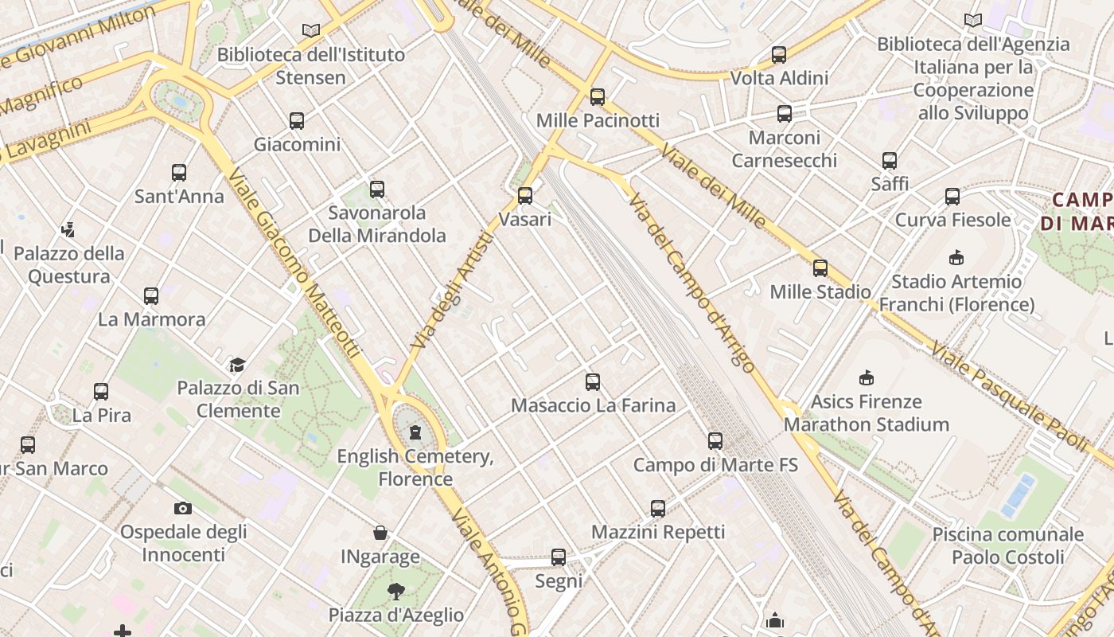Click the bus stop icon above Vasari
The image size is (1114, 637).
point(525,195)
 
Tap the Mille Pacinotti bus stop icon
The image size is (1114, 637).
point(598,97)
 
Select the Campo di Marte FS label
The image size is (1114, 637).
point(715,464)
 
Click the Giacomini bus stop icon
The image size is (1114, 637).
point(297,121)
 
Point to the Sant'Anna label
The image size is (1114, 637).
point(179,196)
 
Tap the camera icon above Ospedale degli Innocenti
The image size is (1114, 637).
point(183,508)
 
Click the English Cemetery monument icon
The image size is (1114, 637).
point(415,432)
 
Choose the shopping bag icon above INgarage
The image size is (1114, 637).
point(380,533)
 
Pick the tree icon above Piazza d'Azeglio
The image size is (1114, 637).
point(395,591)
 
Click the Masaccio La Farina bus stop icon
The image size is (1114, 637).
point(593,382)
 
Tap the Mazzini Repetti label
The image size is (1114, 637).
point(658,532)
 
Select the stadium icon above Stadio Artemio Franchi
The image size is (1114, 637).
point(956,258)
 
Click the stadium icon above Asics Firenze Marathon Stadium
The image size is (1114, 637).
point(867,377)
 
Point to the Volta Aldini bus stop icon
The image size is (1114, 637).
point(779,55)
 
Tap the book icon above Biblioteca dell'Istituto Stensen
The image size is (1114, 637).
point(311,31)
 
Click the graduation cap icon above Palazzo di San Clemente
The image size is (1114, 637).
point(237,365)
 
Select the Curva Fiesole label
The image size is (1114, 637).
point(952,220)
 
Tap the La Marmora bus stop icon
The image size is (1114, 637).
point(151,296)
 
